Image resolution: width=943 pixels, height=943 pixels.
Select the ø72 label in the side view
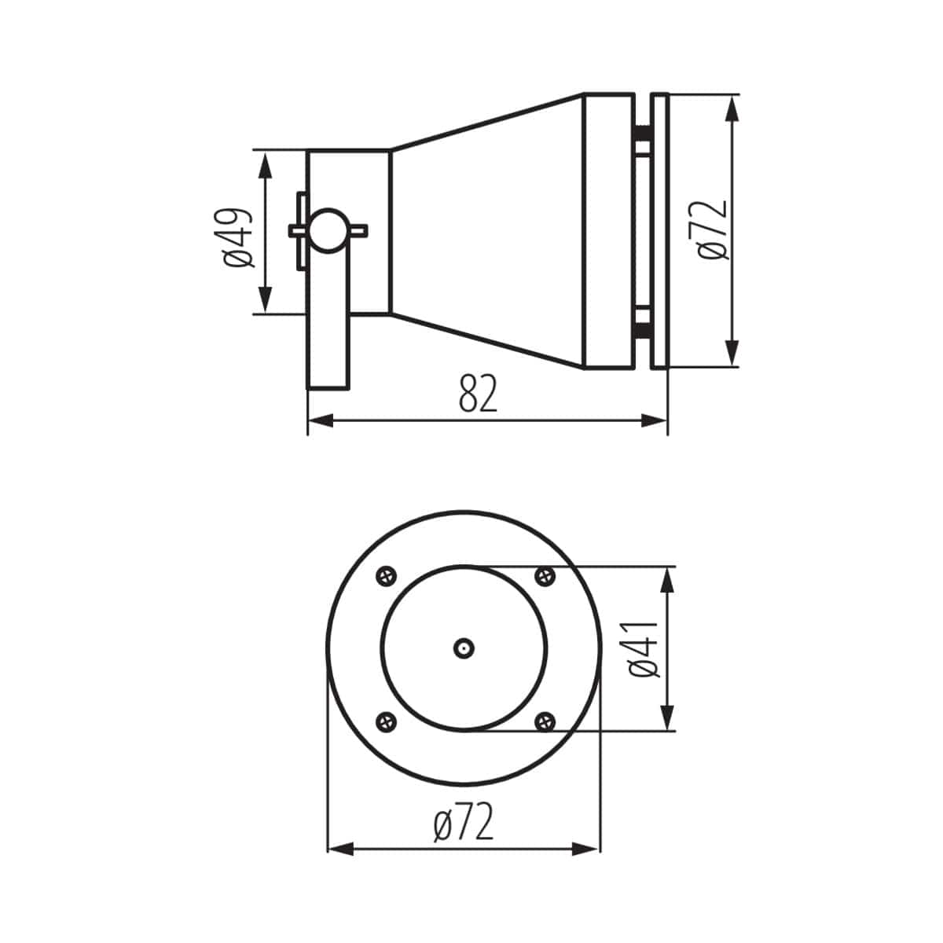pyautogui.click(x=713, y=229)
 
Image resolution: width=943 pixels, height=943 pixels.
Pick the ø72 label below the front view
pyautogui.click(x=464, y=822)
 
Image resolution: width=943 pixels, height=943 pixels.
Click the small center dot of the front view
pyautogui.click(x=464, y=648)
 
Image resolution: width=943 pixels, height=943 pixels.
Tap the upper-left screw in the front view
pyautogui.click(x=386, y=576)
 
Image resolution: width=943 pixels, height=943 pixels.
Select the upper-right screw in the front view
pyautogui.click(x=544, y=576)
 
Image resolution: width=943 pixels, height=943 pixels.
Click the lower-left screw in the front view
pyautogui.click(x=386, y=720)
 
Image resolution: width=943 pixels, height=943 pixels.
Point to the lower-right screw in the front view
pyautogui.click(x=544, y=720)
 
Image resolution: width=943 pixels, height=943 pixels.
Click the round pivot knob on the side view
pyautogui.click(x=327, y=229)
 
